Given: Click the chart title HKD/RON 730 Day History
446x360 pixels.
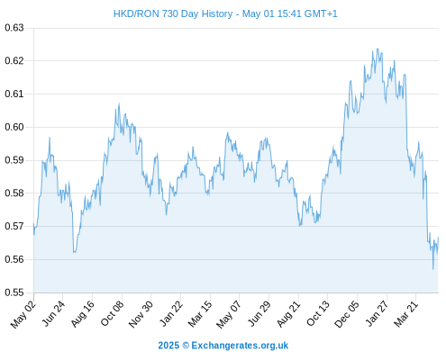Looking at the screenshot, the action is click(x=173, y=13).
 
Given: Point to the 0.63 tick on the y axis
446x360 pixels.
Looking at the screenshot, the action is click(x=14, y=28).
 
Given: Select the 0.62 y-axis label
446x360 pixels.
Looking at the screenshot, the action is click(x=14, y=61).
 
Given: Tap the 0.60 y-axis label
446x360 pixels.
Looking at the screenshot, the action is click(x=14, y=127).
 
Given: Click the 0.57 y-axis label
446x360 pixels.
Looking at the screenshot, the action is click(x=14, y=226).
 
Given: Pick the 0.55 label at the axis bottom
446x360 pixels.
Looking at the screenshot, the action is click(x=14, y=292).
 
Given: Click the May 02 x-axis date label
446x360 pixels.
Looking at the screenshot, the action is click(x=23, y=314).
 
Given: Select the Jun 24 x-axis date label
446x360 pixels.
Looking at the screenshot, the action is click(x=53, y=313).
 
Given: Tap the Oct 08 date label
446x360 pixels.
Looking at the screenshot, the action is click(x=112, y=314).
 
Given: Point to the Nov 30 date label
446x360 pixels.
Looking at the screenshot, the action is click(x=141, y=314).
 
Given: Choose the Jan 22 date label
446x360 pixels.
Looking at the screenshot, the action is click(x=171, y=313).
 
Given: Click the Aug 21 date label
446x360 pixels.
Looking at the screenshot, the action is click(x=288, y=314).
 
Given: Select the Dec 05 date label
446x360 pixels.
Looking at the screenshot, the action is click(x=347, y=314).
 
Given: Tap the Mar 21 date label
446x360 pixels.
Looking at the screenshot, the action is click(x=406, y=314).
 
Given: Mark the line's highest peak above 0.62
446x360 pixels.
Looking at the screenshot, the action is click(x=378, y=49).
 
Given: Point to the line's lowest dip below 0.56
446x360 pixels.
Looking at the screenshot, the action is click(x=433, y=269).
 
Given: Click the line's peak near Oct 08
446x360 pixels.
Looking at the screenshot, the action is click(x=119, y=103).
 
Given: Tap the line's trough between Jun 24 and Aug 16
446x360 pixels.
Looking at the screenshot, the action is click(x=74, y=252).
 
